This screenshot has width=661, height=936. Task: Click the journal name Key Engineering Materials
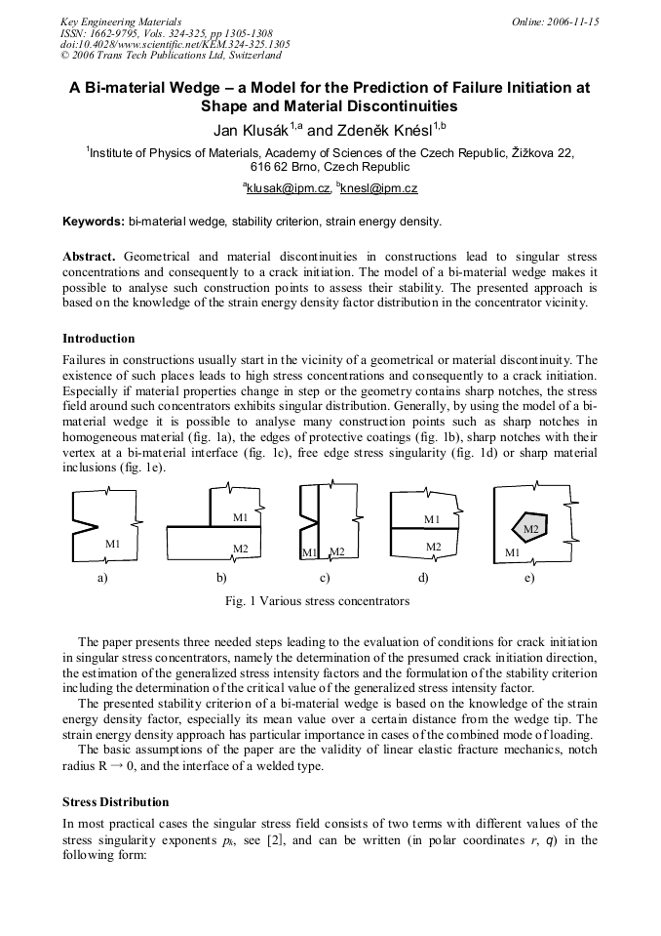[x=120, y=21]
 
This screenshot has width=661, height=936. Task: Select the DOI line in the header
[x=175, y=44]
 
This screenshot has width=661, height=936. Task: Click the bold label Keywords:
[x=94, y=223]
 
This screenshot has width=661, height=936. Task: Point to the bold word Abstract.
[x=89, y=256]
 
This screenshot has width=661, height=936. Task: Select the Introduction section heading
[x=98, y=339]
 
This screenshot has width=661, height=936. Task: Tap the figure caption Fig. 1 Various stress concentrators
[x=317, y=601]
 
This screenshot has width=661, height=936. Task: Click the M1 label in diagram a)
[x=113, y=543]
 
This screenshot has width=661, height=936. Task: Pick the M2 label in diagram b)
[x=240, y=549]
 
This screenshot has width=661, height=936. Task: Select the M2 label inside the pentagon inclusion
[x=531, y=529]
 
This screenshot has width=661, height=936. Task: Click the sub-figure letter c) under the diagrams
[x=325, y=578]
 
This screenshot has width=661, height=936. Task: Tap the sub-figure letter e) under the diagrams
[x=529, y=578]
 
